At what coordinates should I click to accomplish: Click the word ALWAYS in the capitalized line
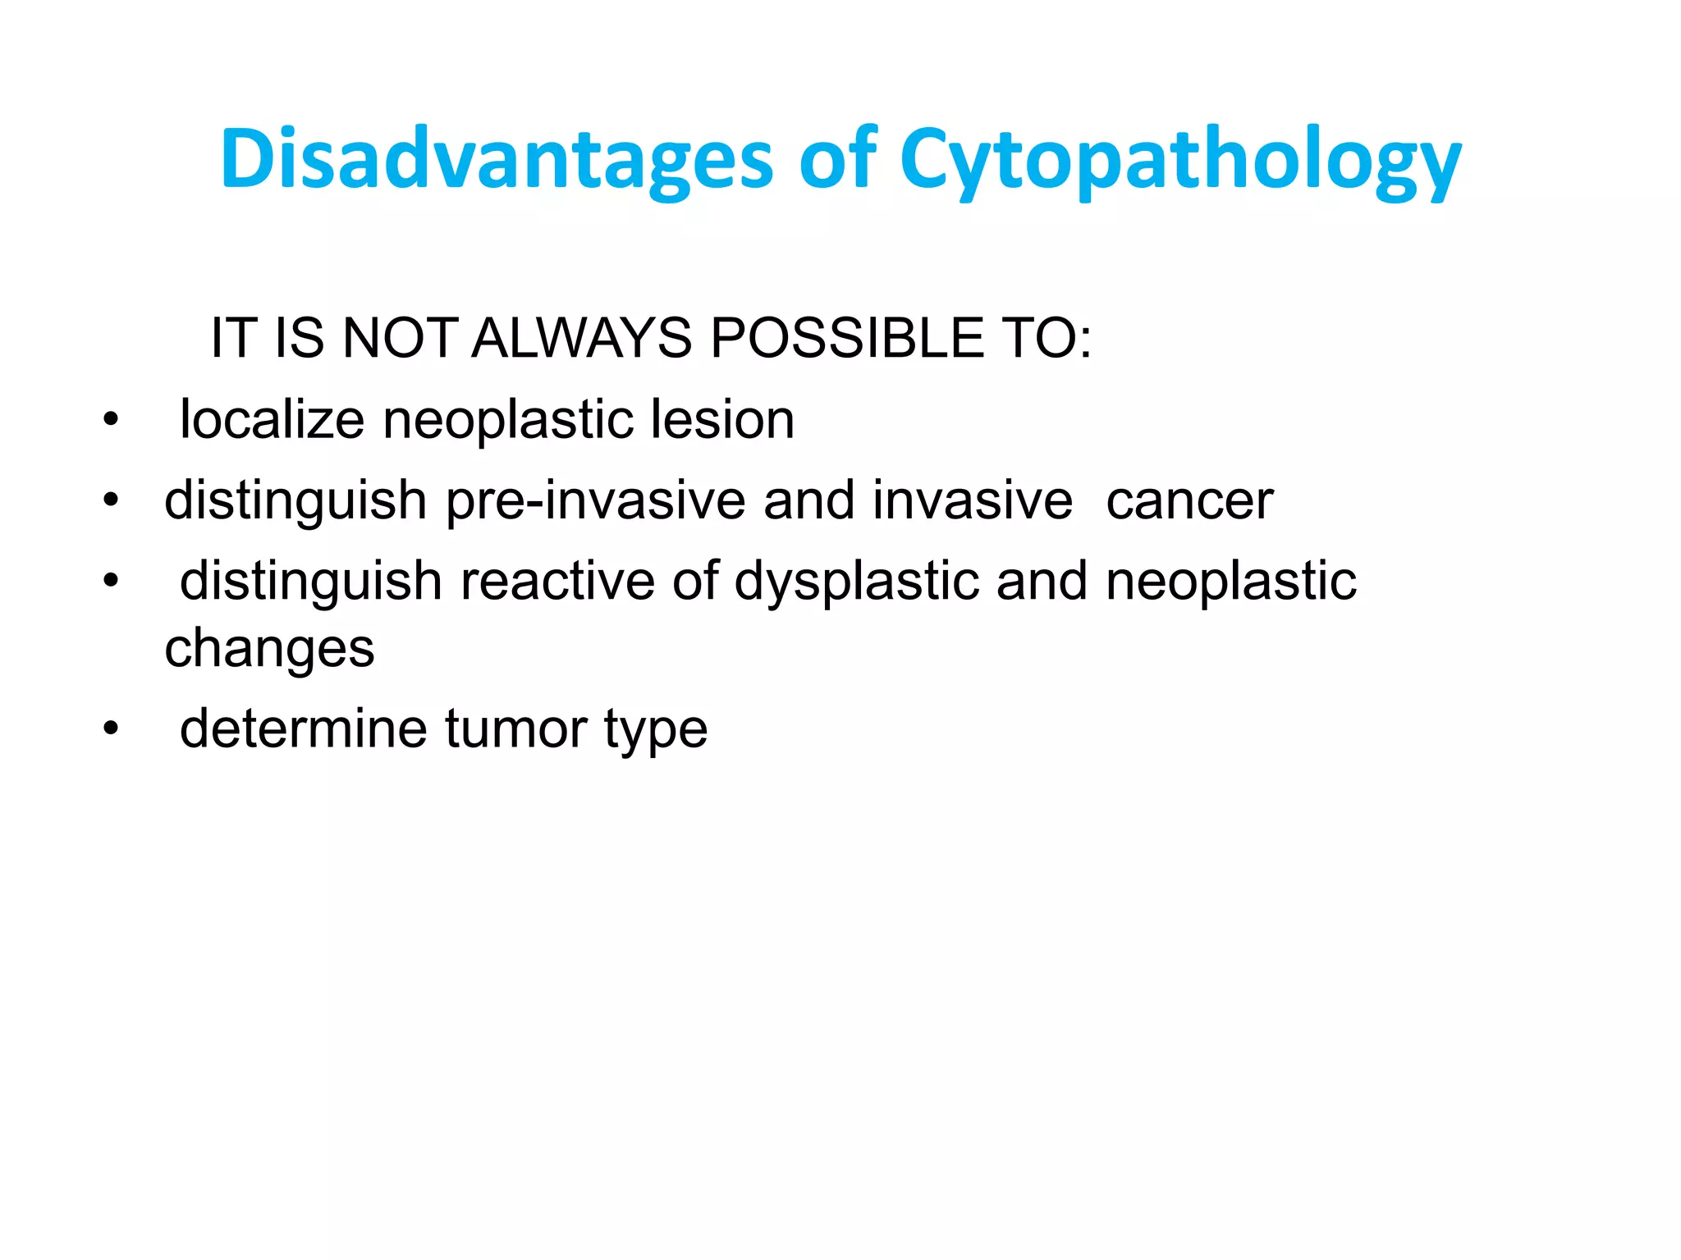(581, 338)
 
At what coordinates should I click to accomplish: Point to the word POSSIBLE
(846, 338)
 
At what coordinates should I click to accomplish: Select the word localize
(272, 419)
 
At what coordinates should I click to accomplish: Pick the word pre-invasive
(595, 500)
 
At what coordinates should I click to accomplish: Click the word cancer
(1189, 500)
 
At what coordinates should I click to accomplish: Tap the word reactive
(557, 582)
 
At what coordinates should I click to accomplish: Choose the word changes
(269, 649)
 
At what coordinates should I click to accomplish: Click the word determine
(303, 728)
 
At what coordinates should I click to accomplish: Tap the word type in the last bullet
(656, 728)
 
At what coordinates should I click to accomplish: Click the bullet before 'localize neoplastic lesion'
(111, 421)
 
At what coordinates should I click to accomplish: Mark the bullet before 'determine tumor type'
(111, 728)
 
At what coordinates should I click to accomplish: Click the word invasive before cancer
(972, 500)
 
